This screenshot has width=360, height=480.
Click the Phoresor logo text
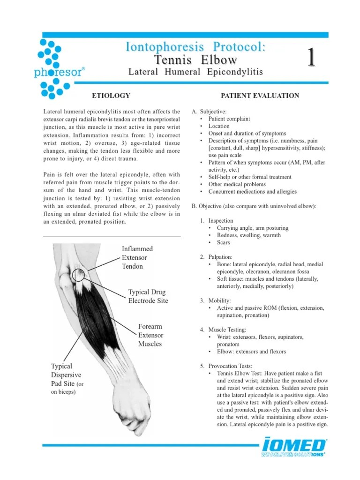click(x=59, y=73)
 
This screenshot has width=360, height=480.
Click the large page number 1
click(x=310, y=59)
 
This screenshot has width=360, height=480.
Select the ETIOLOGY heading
click(x=111, y=96)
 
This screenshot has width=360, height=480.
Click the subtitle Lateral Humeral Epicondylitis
click(x=195, y=72)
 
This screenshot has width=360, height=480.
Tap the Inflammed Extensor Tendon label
click(x=137, y=257)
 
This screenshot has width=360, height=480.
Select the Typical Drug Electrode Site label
click(x=148, y=296)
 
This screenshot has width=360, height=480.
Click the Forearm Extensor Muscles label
click(x=150, y=335)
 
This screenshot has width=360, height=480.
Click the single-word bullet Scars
click(x=224, y=242)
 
